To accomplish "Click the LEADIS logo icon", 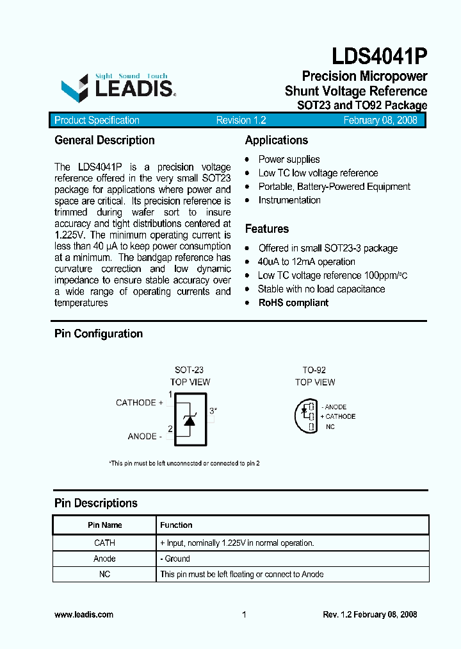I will tap(74, 87).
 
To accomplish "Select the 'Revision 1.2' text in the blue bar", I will tap(241, 121).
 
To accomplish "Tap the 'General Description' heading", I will tap(104, 140).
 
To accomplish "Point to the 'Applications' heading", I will tap(277, 140).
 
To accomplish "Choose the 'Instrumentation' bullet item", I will tap(289, 200).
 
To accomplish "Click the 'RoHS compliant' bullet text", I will tap(293, 303).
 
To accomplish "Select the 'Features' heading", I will tap(267, 229).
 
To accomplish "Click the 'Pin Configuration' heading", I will tap(99, 333).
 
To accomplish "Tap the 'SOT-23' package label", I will tap(190, 370).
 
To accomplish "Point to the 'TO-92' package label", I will tap(314, 370).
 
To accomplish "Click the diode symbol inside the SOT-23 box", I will tap(190, 419).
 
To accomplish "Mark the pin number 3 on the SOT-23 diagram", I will tap(212, 411).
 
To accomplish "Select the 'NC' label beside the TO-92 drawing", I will tap(330, 426).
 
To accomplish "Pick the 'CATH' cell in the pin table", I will tap(104, 543).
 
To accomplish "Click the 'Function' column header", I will tap(176, 525).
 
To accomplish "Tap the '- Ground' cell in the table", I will tap(175, 559).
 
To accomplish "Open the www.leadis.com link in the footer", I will tap(84, 614).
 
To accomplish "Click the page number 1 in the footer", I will tap(244, 614).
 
